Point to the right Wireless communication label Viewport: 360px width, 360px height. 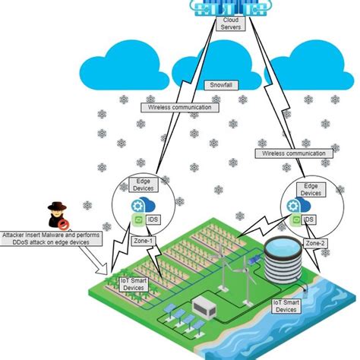[x=295, y=153]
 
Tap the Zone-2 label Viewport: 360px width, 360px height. [x=317, y=242]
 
